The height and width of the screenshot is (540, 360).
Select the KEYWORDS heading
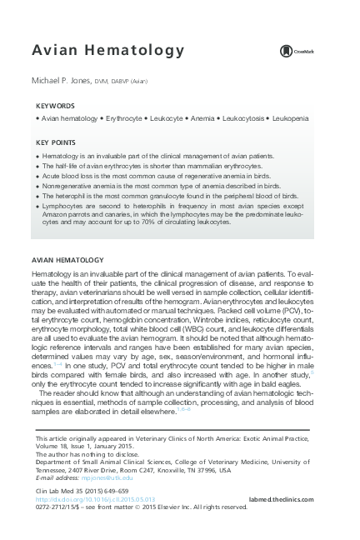click(56, 107)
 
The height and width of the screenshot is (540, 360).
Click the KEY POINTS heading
click(57, 142)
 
